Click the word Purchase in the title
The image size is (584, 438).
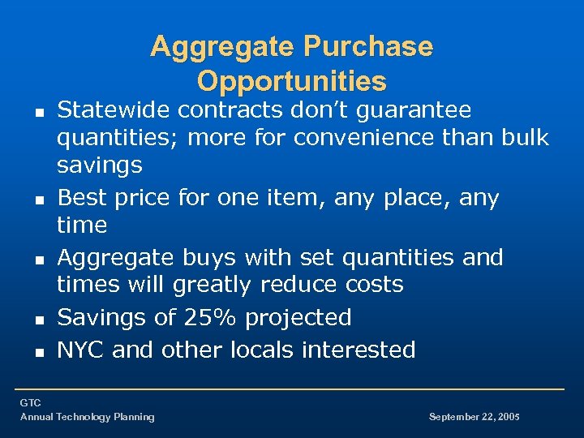369,46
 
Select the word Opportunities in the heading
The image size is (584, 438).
292,81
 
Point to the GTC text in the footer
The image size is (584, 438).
30,403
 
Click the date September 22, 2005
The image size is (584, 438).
474,417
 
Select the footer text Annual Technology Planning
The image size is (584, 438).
87,417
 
